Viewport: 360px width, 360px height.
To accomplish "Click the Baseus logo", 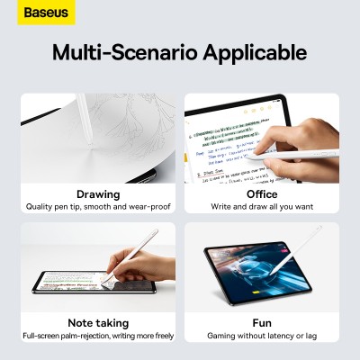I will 32,13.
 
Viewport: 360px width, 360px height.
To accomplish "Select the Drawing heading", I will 98,193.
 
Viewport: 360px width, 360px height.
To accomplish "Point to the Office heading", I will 262,193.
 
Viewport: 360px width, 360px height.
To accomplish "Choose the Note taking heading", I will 98,322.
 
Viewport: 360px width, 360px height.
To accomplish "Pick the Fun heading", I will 262,322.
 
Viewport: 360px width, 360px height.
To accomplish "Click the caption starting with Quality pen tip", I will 98,207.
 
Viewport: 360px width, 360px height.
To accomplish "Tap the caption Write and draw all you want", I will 262,207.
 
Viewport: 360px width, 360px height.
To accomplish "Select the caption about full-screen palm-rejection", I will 98,336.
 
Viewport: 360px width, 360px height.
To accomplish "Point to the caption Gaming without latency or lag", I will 262,336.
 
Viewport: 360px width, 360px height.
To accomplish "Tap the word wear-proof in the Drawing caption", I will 148,207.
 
